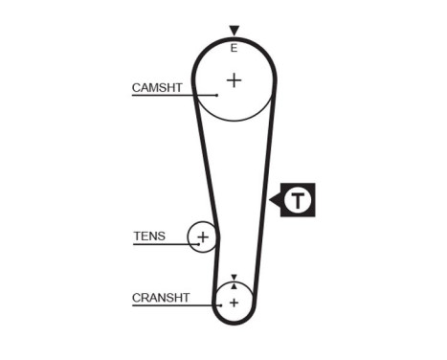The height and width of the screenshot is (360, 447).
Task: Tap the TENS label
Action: click(149, 236)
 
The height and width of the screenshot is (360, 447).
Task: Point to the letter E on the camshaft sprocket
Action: click(234, 47)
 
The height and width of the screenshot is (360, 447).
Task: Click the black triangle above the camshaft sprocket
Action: click(234, 32)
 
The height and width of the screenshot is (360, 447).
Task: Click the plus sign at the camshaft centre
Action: click(234, 79)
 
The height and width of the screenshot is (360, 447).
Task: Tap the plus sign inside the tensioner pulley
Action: click(202, 235)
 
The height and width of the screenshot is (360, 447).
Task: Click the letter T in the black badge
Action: click(301, 200)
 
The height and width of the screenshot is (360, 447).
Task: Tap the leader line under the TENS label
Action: click(163, 244)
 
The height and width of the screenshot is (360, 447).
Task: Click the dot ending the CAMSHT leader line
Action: click(218, 96)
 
